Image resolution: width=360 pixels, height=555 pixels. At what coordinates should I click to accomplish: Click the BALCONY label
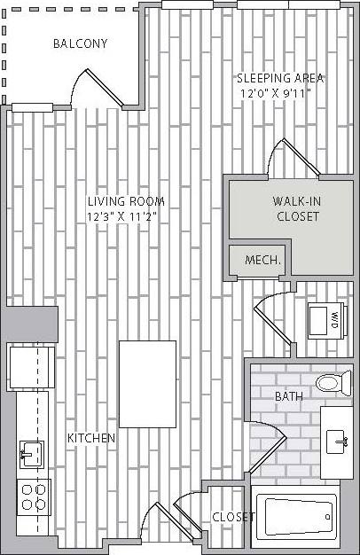pos(80,43)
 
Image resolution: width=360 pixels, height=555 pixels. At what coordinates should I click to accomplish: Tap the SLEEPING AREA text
pos(280,78)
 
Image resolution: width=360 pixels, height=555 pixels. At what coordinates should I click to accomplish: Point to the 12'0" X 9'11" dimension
pos(279,92)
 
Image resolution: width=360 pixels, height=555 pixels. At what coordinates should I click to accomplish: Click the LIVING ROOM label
pos(125,201)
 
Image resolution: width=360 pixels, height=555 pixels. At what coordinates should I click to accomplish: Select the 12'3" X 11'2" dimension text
pos(125,215)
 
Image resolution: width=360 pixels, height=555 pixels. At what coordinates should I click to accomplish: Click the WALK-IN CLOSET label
pos(297,208)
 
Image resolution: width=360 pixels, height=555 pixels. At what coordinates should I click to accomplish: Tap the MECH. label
pos(262,261)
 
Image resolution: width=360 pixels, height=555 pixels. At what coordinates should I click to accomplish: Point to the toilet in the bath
pos(333,383)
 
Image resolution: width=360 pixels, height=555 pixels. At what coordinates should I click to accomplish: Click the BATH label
pos(288,396)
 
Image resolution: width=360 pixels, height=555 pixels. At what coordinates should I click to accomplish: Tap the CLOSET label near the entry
pos(232,517)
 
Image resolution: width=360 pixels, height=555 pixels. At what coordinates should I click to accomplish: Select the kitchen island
pos(147,383)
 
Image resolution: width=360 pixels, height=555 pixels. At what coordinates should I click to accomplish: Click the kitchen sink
pos(31,454)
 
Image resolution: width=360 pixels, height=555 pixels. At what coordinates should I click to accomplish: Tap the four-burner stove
pos(34,496)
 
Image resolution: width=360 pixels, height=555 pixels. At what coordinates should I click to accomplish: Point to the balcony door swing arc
pos(89,87)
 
